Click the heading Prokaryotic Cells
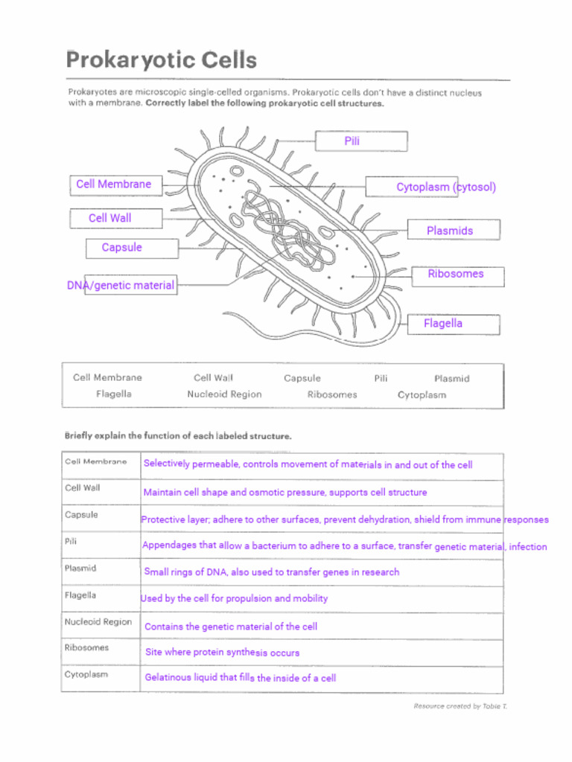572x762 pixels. tap(162, 60)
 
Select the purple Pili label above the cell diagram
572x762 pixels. tap(352, 141)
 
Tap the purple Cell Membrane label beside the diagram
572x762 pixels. tap(113, 184)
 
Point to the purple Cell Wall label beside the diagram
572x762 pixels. tap(109, 218)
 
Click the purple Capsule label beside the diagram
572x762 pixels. tap(121, 247)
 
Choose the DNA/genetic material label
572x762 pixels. tap(121, 285)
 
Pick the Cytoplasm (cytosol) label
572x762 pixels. tap(445, 187)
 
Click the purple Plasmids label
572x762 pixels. tap(449, 231)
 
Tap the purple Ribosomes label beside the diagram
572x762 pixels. tap(455, 274)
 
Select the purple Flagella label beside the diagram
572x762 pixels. tap(442, 323)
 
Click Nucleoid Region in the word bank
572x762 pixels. tap(224, 394)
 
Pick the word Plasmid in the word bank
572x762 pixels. tap(451, 378)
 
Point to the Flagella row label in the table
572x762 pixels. tap(80, 595)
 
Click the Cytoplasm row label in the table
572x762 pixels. tap(86, 674)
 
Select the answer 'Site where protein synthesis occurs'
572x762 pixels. tap(222, 653)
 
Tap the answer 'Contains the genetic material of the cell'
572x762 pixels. tap(230, 627)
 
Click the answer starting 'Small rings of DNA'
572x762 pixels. tap(271, 572)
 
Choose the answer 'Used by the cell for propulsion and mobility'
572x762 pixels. tap(234, 598)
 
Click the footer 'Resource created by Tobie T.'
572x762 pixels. tap(460, 706)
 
